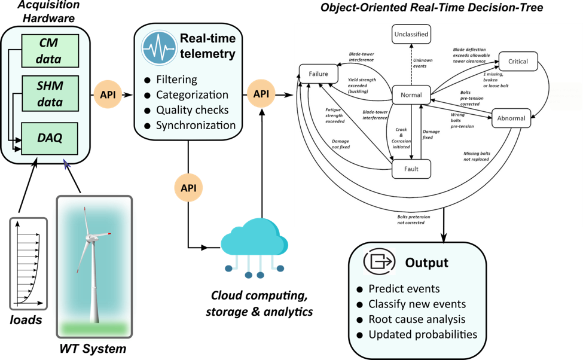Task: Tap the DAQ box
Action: click(x=50, y=138)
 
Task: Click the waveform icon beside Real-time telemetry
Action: click(x=159, y=47)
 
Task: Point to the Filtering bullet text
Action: click(x=176, y=80)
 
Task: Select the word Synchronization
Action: click(x=196, y=126)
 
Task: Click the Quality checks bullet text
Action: click(x=192, y=110)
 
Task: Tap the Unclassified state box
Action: click(x=411, y=35)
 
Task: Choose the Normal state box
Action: click(x=411, y=95)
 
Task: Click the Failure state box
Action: click(x=319, y=74)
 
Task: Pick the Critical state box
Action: click(x=518, y=62)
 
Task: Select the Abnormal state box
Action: click(x=511, y=118)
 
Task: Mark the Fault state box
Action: click(x=411, y=169)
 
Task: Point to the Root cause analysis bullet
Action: click(x=417, y=319)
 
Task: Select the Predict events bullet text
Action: click(x=404, y=288)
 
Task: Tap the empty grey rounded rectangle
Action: click(x=29, y=264)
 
